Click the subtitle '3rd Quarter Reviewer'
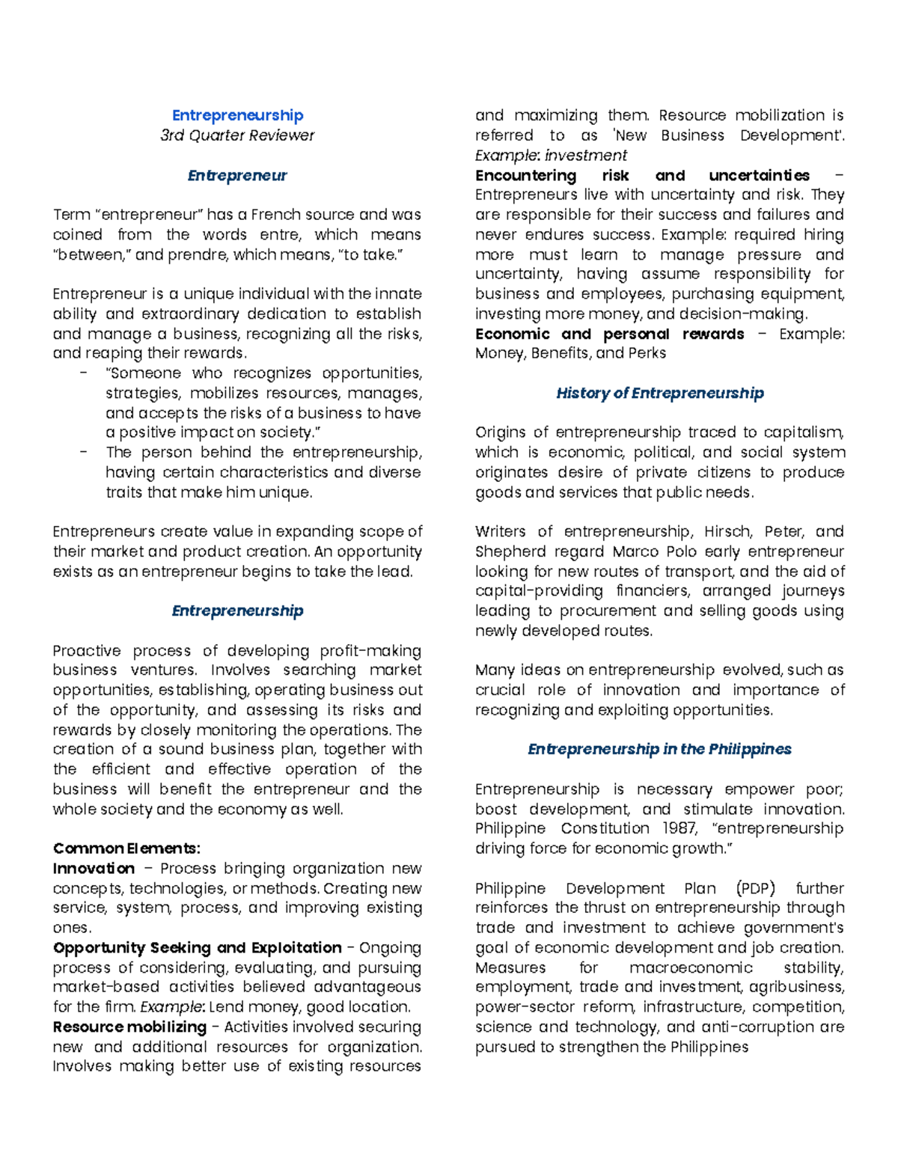(x=237, y=135)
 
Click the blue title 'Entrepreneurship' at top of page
(x=237, y=115)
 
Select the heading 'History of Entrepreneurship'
(x=659, y=394)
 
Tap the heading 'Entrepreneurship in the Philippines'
(x=659, y=750)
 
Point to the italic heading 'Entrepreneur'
(x=237, y=176)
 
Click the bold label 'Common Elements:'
(x=126, y=848)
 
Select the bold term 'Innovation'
(x=94, y=869)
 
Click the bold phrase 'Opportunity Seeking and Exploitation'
(x=198, y=948)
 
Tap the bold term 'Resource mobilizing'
(x=129, y=1027)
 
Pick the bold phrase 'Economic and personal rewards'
(x=609, y=334)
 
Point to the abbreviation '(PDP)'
(x=755, y=889)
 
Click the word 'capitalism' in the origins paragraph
(x=807, y=432)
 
